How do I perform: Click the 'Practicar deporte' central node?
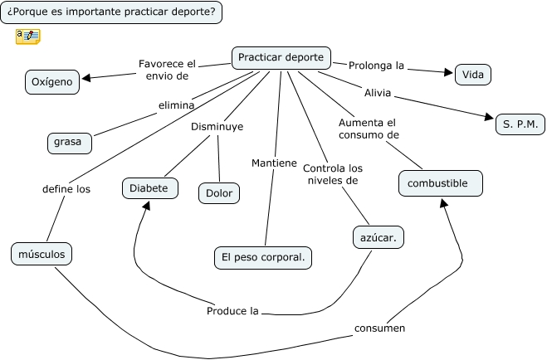pos(281,58)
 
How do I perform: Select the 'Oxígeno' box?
pos(52,81)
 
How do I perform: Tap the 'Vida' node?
pos(472,75)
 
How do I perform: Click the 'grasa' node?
pos(68,142)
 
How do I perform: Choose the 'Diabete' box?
pos(149,188)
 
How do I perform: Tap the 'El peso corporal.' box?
pos(262,258)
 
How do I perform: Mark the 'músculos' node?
pos(42,254)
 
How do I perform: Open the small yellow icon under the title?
pos(27,36)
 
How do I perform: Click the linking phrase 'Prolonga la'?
pos(376,66)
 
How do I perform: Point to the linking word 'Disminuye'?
pos(217,127)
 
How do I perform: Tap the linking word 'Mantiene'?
pos(274,163)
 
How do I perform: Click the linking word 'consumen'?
pos(379,328)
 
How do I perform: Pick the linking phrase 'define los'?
pos(66,188)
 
